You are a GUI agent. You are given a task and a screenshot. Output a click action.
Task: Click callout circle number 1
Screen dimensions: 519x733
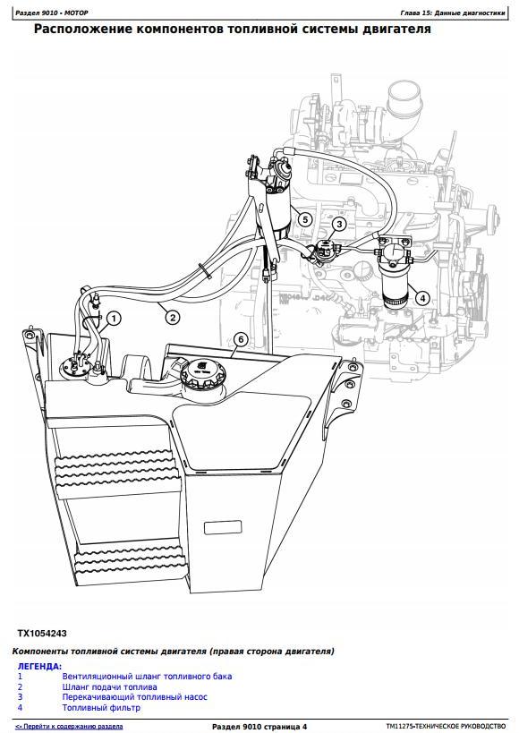[114, 319]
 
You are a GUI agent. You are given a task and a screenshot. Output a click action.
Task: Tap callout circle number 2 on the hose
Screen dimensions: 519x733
[173, 318]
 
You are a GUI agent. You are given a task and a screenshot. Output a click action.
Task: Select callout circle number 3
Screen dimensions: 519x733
[339, 224]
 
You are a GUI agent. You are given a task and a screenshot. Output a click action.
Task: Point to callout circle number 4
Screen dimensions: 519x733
[422, 298]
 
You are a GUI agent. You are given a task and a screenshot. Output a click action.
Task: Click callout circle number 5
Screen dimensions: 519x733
[305, 219]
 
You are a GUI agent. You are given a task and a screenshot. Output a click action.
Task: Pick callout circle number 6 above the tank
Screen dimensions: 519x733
[241, 339]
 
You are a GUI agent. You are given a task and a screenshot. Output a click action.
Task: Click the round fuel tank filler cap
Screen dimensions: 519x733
[202, 372]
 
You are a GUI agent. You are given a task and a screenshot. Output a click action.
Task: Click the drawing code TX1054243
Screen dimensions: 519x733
[42, 634]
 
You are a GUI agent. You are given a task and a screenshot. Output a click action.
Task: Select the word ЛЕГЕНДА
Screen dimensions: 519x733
[39, 666]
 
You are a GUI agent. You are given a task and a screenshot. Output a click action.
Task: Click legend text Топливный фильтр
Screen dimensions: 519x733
[101, 708]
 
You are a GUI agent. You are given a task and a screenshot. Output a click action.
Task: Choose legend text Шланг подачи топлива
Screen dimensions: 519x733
[110, 686]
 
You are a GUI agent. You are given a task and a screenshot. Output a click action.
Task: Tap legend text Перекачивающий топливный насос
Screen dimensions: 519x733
[134, 697]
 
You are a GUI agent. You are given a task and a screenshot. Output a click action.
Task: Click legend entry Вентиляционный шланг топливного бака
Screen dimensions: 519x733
[147, 676]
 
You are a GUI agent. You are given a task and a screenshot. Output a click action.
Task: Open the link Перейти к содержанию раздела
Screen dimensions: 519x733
[69, 727]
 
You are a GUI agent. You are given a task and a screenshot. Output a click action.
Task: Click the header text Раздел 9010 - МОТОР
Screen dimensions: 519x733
[51, 13]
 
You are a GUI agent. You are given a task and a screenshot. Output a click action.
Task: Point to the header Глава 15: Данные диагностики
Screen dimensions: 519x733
[453, 13]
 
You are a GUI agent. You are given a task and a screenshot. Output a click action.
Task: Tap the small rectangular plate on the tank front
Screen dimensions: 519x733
[224, 528]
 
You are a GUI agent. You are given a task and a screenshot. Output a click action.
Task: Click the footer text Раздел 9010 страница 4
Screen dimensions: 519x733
[259, 727]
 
